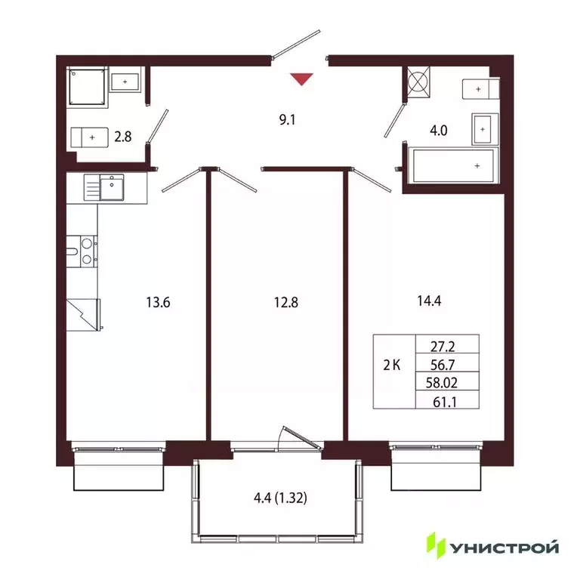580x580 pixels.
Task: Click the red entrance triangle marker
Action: coord(301,79)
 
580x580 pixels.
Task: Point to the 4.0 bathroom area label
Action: coord(439,130)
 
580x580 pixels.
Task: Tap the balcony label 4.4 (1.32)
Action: coord(276,498)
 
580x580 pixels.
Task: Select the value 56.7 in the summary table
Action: coord(446,365)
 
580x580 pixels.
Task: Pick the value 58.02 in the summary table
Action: coord(446,384)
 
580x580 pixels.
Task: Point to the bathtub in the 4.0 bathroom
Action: coord(452,165)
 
